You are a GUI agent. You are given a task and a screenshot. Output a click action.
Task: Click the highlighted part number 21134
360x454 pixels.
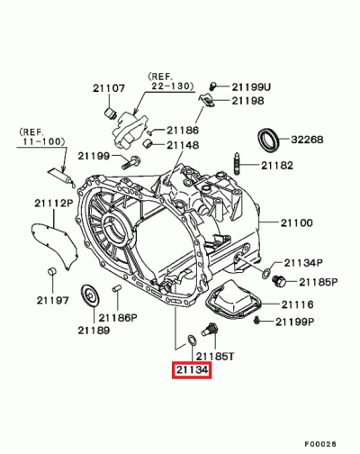(x=191, y=369)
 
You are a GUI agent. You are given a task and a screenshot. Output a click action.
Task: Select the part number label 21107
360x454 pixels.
(x=108, y=88)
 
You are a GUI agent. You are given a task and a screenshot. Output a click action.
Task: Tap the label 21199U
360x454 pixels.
(x=251, y=86)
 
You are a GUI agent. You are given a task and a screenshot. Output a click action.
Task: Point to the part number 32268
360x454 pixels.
(x=307, y=140)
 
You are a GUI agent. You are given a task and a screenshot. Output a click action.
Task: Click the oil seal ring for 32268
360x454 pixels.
(x=268, y=140)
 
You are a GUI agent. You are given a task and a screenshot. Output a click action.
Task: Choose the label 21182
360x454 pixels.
(x=277, y=165)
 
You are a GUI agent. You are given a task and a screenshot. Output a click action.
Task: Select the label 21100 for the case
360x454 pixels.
(x=297, y=222)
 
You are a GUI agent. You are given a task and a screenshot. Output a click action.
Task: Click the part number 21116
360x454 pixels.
(x=298, y=305)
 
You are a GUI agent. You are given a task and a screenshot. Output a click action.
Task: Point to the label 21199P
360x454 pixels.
(x=295, y=321)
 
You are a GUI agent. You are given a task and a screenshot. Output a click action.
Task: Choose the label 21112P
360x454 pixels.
(x=53, y=204)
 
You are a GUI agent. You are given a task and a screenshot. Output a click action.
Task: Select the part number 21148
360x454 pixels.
(x=181, y=144)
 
